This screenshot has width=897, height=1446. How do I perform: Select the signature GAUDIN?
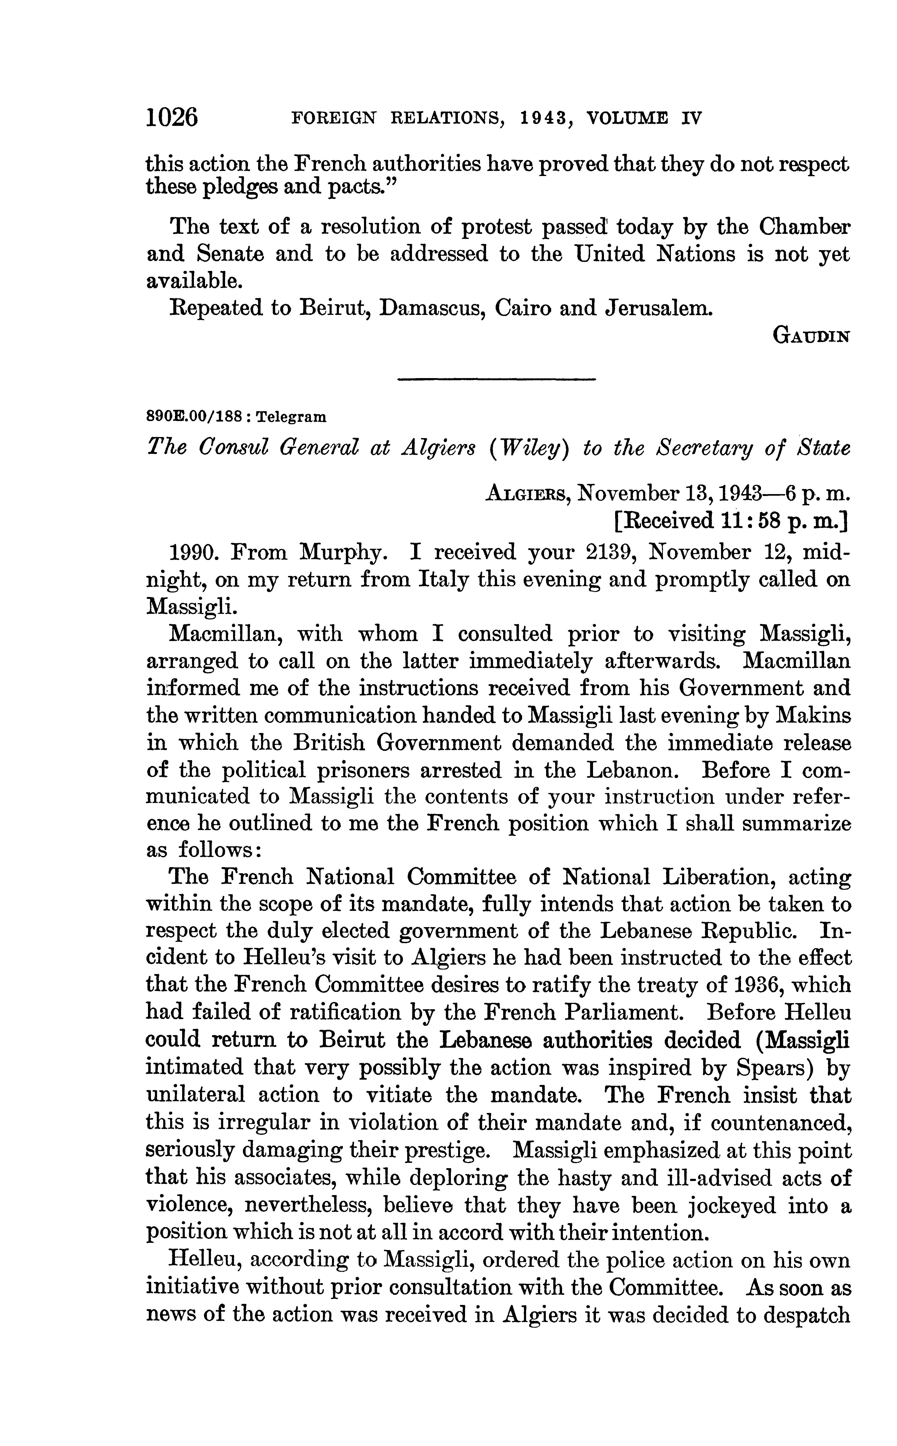tap(812, 336)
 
